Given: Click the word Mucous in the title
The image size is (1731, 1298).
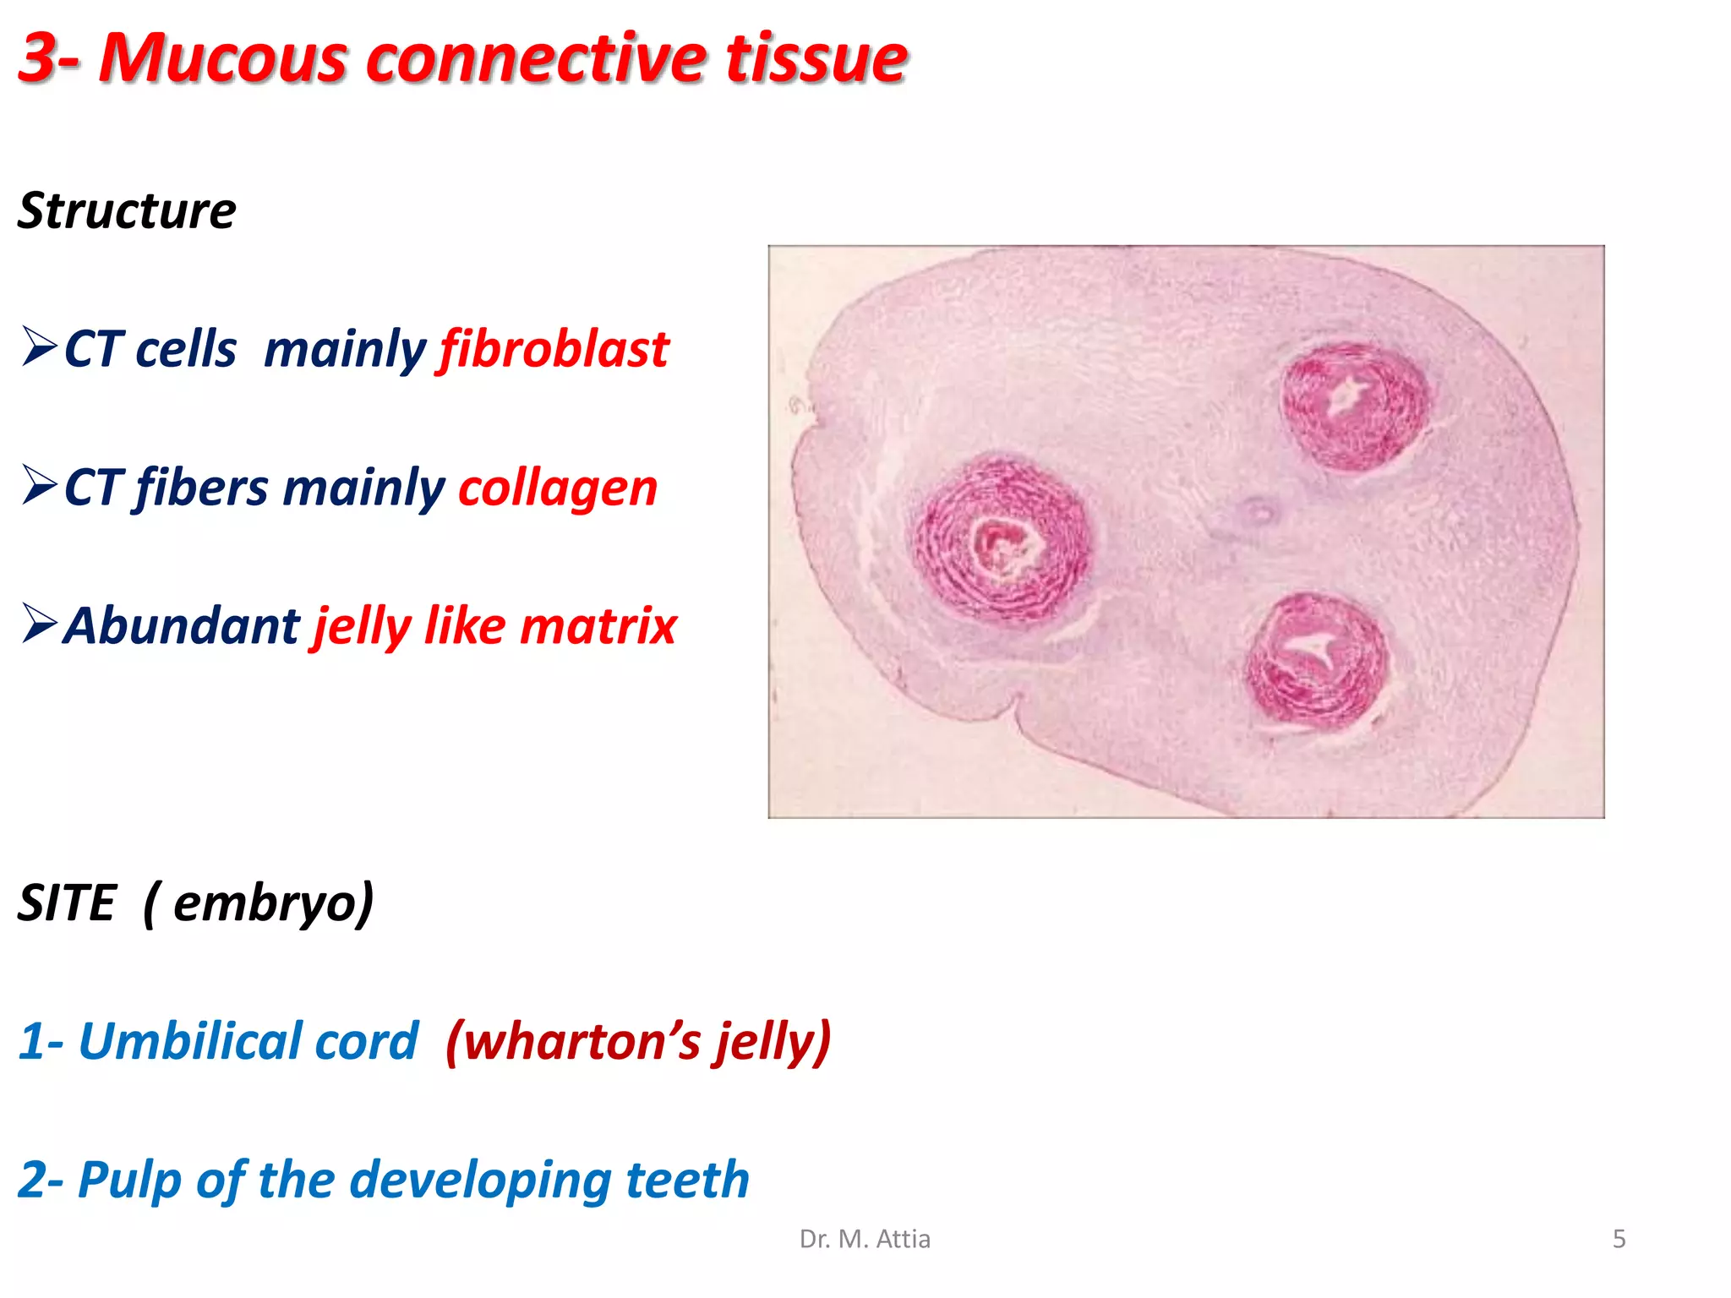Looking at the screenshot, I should [222, 59].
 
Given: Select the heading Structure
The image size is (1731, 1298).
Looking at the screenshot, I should [127, 210].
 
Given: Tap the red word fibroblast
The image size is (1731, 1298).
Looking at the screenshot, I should [554, 349].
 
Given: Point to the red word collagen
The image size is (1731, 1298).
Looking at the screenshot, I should [558, 488].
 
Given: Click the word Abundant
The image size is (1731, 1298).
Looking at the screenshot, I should [182, 625].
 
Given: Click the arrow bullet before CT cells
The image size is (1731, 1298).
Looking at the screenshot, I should [39, 346].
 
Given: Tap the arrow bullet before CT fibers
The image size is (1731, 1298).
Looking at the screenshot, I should [39, 485].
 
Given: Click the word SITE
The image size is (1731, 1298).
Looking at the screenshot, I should [67, 903].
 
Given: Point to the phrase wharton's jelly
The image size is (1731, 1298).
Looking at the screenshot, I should [638, 1040].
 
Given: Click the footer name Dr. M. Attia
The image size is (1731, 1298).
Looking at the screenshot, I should [865, 1239].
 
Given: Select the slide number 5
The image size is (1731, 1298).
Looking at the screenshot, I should [1619, 1239].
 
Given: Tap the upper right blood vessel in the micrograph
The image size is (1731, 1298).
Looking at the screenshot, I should [1352, 404].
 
